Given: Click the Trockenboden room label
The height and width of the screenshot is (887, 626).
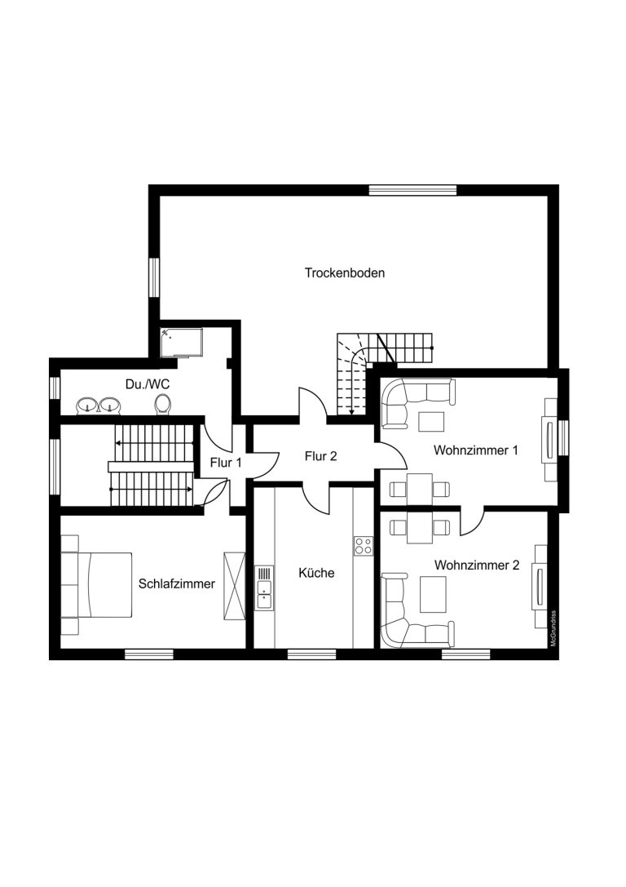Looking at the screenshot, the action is click(345, 273).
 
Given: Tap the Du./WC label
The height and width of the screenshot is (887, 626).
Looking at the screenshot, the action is click(148, 384).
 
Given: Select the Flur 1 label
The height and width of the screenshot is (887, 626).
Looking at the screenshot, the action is click(226, 463).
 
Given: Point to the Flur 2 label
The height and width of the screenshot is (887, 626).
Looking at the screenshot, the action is click(320, 456).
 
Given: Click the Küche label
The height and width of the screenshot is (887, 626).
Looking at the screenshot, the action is click(316, 573).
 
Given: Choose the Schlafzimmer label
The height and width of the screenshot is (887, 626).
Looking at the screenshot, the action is click(177, 583).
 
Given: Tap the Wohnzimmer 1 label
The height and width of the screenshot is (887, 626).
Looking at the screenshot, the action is click(476, 450).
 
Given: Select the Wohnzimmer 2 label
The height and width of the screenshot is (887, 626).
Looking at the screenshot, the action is click(477, 565).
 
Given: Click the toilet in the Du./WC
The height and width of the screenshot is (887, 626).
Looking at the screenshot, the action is click(163, 404).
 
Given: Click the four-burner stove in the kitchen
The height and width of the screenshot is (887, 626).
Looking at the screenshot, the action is click(364, 545).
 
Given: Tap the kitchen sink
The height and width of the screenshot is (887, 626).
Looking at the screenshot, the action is click(264, 588).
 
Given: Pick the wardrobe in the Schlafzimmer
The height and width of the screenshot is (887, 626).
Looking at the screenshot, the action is click(235, 586).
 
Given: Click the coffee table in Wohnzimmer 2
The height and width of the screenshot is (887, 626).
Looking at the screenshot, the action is click(433, 595).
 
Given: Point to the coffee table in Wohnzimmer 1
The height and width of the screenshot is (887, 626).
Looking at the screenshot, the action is click(431, 421).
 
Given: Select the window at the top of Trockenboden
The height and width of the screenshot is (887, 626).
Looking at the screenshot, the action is click(412, 190).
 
